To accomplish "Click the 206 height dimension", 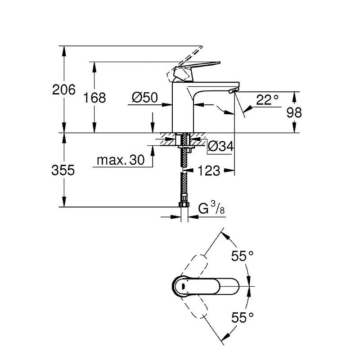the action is coord(64,90).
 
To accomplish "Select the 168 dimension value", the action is coord(94,98).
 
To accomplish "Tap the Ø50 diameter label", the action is coord(144,97).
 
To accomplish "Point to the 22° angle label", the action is coord(267,100).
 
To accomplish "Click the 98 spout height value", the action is coord(294,112).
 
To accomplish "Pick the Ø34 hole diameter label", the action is coord(220,146).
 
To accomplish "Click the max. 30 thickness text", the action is coord(121,160).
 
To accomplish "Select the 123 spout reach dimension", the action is coord(208,171).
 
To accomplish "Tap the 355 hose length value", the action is coord(63,170).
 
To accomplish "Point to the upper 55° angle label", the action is coord(242,256).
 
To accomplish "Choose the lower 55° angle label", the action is coord(242,318).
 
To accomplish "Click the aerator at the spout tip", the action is coord(234,91).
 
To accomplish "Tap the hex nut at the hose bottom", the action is coord(184,205).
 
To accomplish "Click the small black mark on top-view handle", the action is coord(183,286).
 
